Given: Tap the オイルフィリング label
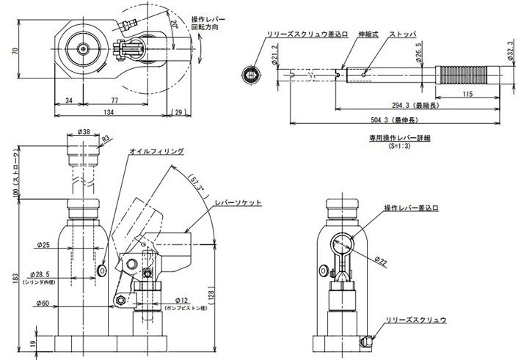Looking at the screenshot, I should (156, 151).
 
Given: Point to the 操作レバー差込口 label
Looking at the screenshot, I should (411, 209).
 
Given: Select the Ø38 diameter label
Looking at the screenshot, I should (83, 133).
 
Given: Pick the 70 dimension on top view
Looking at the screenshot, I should (14, 53).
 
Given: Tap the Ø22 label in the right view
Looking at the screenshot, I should (382, 260).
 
